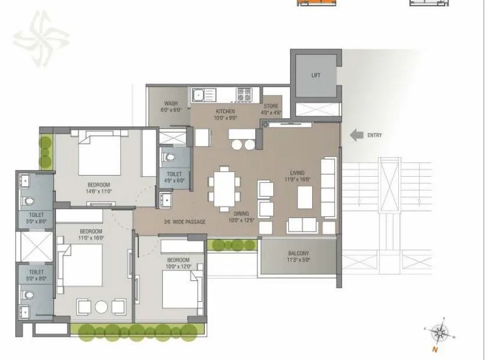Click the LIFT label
[x=316, y=76]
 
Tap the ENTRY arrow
[x=356, y=136]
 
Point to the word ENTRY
[x=374, y=136]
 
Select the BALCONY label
[x=298, y=254]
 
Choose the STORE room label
[x=271, y=106]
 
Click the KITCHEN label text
[x=225, y=111]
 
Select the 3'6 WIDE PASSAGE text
[x=185, y=222]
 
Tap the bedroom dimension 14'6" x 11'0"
[x=101, y=191]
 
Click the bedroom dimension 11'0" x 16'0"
[x=91, y=238]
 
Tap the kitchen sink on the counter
[x=199, y=94]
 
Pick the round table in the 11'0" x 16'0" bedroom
[x=101, y=306]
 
